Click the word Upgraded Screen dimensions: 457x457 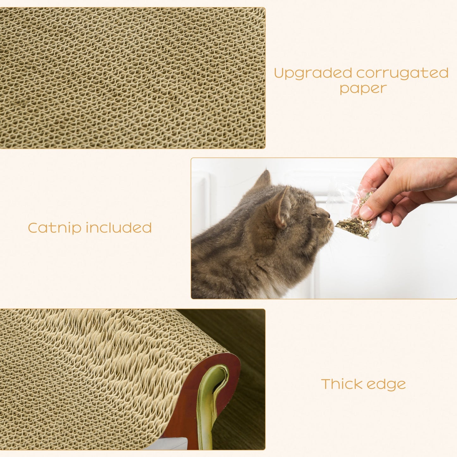(313, 73)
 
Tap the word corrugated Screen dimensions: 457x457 (402, 73)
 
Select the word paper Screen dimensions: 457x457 (363, 89)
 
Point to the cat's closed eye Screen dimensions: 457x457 (314, 215)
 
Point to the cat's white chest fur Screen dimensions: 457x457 (272, 289)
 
